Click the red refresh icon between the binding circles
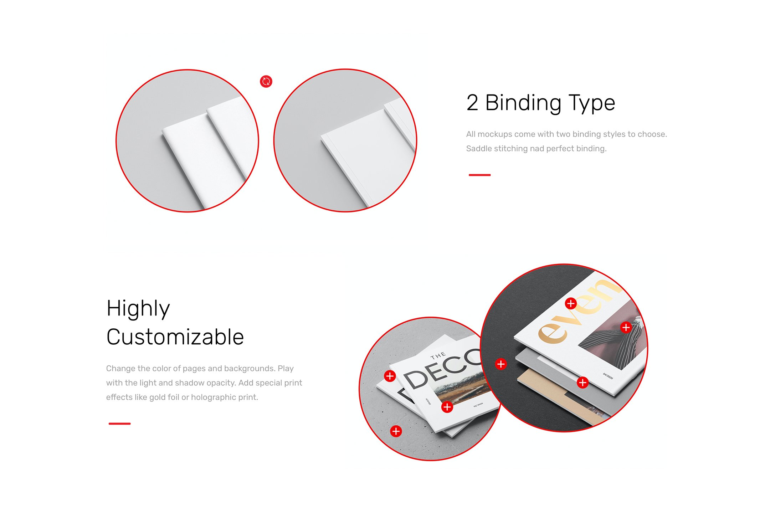[266, 82]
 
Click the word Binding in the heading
[523, 103]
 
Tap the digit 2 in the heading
[472, 103]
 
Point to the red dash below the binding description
[479, 175]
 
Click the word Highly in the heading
[138, 308]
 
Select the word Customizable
[175, 337]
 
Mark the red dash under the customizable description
[119, 424]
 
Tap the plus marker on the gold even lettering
[571, 303]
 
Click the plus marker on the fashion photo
[626, 327]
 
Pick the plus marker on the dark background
[501, 364]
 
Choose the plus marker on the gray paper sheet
[582, 383]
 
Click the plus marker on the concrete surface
[396, 431]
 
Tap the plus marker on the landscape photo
[447, 407]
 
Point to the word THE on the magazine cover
[438, 355]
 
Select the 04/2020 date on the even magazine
[608, 376]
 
